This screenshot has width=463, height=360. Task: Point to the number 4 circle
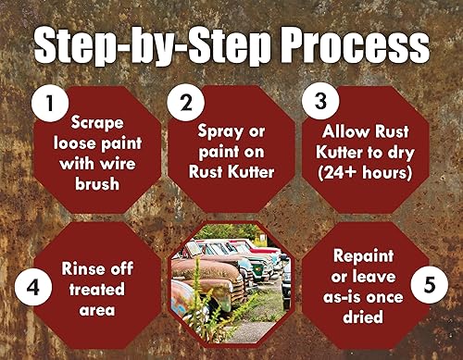coord(34,284)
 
